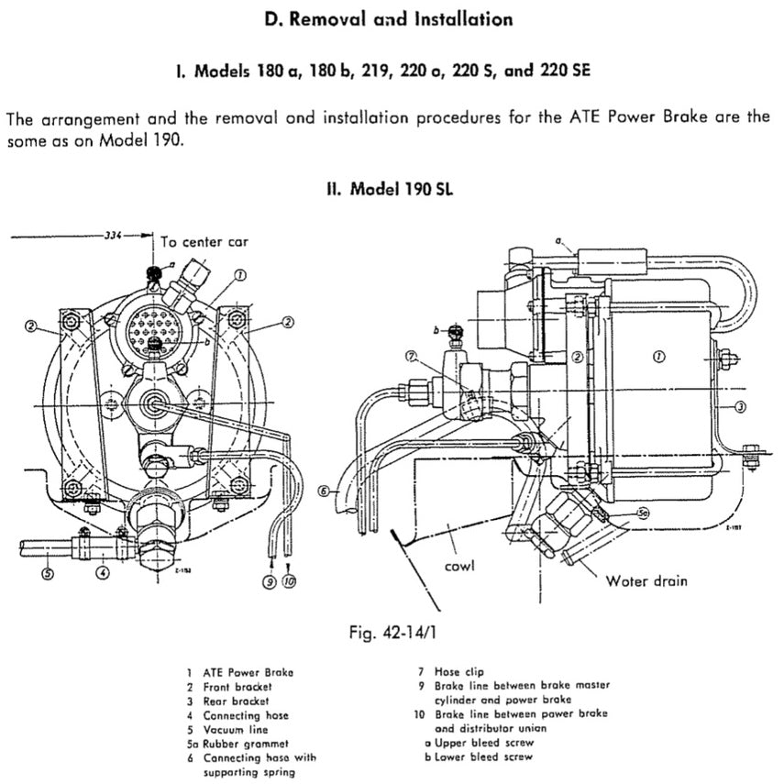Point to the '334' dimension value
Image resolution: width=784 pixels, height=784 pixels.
[x=113, y=235]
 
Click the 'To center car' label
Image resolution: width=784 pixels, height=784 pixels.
[x=203, y=242]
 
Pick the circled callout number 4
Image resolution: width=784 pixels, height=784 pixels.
[x=105, y=573]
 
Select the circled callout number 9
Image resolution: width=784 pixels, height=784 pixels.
[x=270, y=581]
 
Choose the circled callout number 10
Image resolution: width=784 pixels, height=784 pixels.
[x=289, y=581]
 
